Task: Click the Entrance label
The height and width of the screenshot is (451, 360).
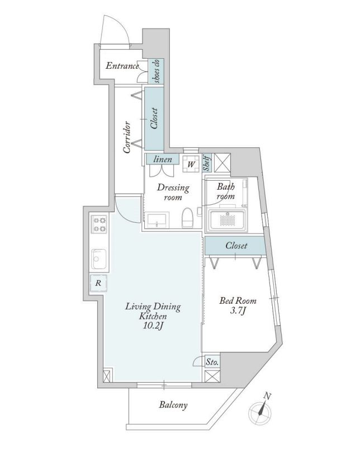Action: pyautogui.click(x=122, y=66)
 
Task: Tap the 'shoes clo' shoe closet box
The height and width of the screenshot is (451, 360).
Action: pyautogui.click(x=157, y=71)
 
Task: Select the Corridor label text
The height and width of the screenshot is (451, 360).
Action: pyautogui.click(x=127, y=138)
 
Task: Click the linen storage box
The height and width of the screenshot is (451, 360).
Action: pyautogui.click(x=162, y=159)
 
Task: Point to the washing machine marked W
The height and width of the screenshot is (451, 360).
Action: pyautogui.click(x=191, y=164)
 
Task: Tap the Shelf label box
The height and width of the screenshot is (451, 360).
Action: pyautogui.click(x=207, y=162)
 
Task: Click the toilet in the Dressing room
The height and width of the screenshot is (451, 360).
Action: pyautogui.click(x=188, y=218)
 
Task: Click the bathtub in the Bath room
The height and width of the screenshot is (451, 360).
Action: pyautogui.click(x=228, y=220)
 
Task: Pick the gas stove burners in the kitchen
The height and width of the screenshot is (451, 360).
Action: pyautogui.click(x=100, y=224)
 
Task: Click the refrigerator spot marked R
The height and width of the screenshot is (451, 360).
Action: pyautogui.click(x=98, y=283)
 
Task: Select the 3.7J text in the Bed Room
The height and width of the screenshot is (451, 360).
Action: pyautogui.click(x=238, y=311)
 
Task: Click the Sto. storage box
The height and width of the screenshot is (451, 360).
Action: pyautogui.click(x=212, y=362)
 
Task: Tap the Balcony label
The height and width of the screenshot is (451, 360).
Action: pyautogui.click(x=173, y=405)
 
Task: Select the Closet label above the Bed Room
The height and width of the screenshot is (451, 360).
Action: pyautogui.click(x=236, y=245)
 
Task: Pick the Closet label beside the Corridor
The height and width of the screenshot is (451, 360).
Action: pyautogui.click(x=154, y=118)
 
